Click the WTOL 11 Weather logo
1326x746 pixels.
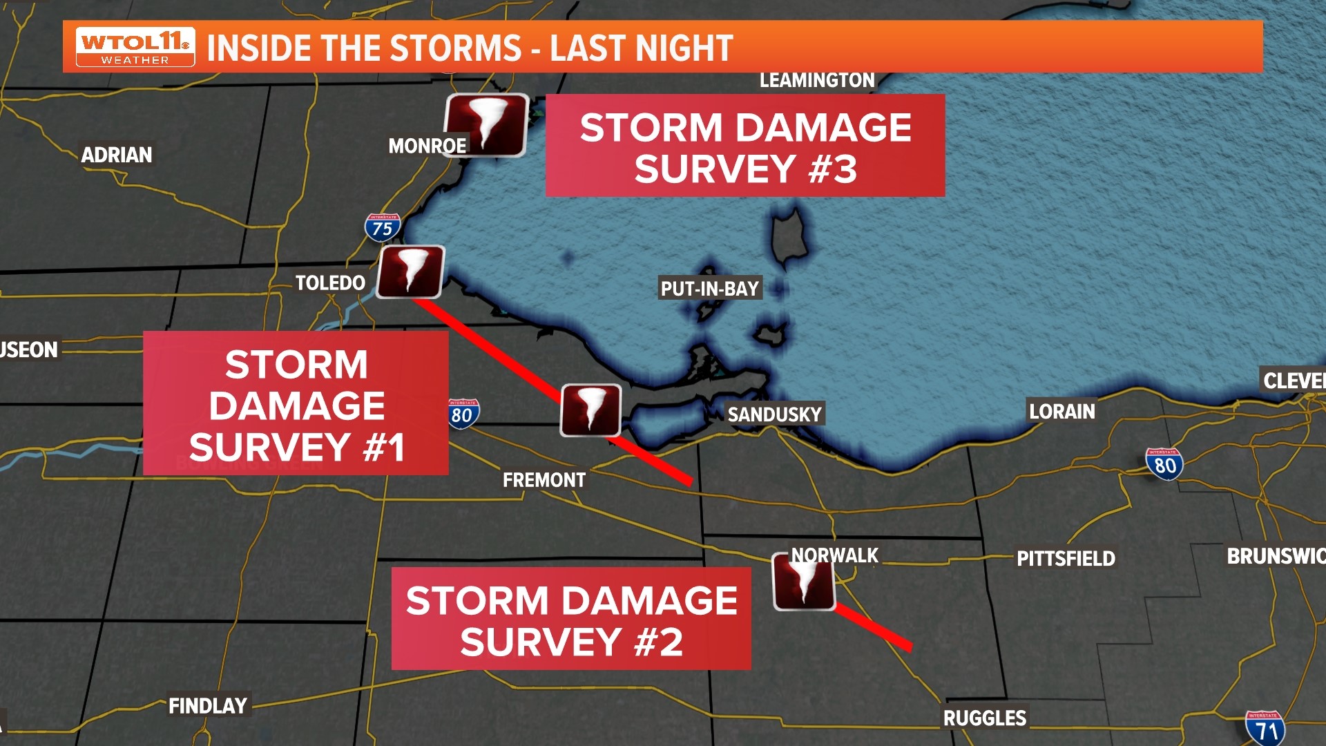pos(135,47)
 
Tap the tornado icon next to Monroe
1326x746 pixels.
pos(486,124)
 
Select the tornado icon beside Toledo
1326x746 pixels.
pos(412,271)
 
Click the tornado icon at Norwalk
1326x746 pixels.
pos(804,582)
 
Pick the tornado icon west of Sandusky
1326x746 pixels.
pos(590,410)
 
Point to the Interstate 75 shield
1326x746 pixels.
pos(383,227)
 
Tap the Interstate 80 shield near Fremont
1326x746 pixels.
pos(462,414)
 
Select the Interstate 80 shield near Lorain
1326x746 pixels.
pos(1164,464)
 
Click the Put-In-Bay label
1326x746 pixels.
pos(710,288)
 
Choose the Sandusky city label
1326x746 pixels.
pos(774,414)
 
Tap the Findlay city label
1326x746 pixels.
pos(208,705)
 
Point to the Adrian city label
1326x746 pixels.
pos(117,155)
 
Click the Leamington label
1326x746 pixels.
pos(817,80)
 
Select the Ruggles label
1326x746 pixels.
pos(985,718)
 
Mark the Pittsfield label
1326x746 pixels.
pos(1066,558)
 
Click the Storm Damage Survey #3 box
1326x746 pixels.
pos(745,146)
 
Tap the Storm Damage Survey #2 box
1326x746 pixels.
pos(571,619)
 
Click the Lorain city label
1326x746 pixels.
pos(1062,412)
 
